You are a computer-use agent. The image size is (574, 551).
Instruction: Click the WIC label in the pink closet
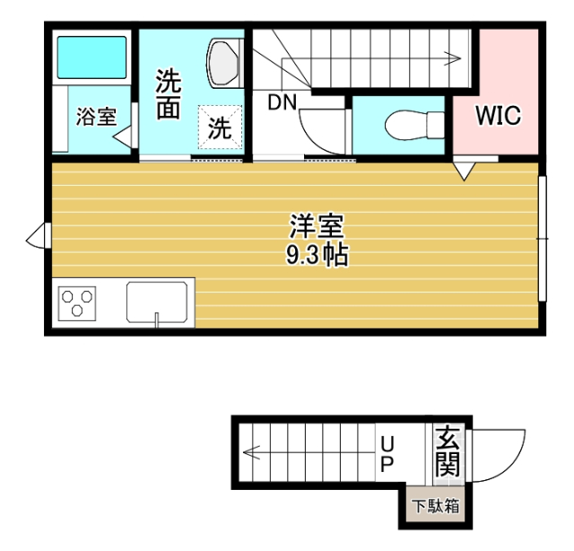(x=498, y=116)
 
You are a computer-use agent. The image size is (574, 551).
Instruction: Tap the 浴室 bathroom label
(x=95, y=117)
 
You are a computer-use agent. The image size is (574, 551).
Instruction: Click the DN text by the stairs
(x=282, y=101)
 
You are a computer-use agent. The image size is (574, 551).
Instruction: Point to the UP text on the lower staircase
(x=387, y=454)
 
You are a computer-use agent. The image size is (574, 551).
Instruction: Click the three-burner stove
(x=77, y=302)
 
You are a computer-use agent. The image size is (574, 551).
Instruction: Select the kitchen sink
(x=159, y=302)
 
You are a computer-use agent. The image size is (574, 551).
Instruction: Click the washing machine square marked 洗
(x=220, y=127)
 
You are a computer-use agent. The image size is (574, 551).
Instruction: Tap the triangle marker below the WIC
(x=464, y=170)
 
